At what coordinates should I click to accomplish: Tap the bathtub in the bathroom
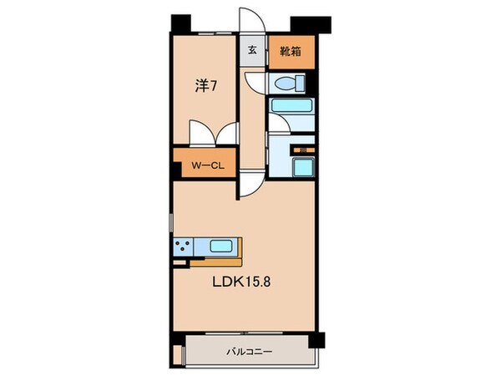tap(291, 107)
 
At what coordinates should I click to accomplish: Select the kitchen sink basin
tap(221, 246)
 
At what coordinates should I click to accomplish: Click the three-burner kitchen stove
tap(185, 246)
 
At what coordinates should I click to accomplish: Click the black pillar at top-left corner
tap(177, 23)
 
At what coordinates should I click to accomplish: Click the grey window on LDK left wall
tap(171, 226)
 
